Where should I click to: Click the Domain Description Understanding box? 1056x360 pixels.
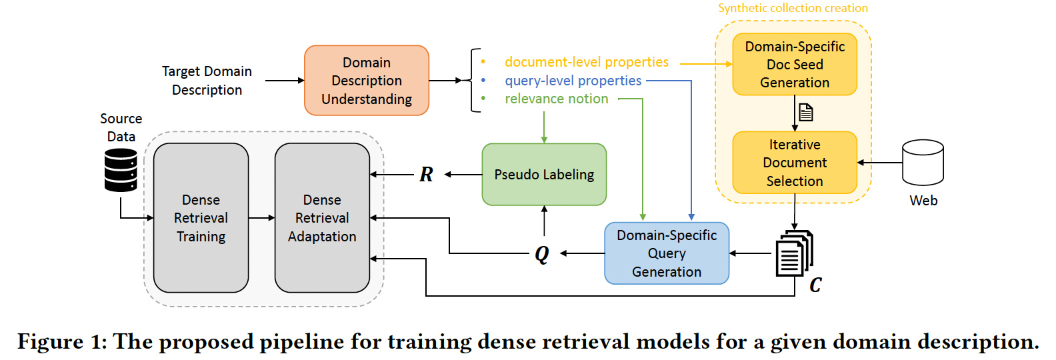pyautogui.click(x=367, y=81)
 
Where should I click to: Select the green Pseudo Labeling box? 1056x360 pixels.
pyautogui.click(x=544, y=175)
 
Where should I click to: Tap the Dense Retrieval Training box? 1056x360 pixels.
pyautogui.click(x=201, y=218)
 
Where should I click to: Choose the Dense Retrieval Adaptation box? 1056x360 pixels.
pyautogui.click(x=323, y=218)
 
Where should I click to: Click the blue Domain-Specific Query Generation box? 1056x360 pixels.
pyautogui.click(x=667, y=253)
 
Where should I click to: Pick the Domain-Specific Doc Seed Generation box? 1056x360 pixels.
pyautogui.click(x=795, y=64)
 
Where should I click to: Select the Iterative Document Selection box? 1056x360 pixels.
pyautogui.click(x=795, y=163)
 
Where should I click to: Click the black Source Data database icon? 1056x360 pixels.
pyautogui.click(x=121, y=170)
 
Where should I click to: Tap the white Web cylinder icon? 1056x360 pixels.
pyautogui.click(x=923, y=163)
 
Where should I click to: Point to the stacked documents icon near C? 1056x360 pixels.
pyautogui.click(x=795, y=253)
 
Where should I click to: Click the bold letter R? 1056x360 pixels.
pyautogui.click(x=426, y=175)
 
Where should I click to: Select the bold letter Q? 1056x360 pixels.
pyautogui.click(x=542, y=255)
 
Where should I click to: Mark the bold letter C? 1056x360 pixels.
pyautogui.click(x=815, y=285)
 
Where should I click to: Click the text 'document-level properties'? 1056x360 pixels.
pyautogui.click(x=587, y=62)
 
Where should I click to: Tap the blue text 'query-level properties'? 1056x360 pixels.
pyautogui.click(x=573, y=81)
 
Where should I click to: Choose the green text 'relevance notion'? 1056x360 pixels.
pyautogui.click(x=556, y=99)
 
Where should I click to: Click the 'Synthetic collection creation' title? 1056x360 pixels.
pyautogui.click(x=793, y=8)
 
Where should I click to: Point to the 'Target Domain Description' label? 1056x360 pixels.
pyautogui.click(x=207, y=81)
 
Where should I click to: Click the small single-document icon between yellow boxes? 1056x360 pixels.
pyautogui.click(x=806, y=112)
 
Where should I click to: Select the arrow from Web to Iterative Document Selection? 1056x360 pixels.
pyautogui.click(x=880, y=163)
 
